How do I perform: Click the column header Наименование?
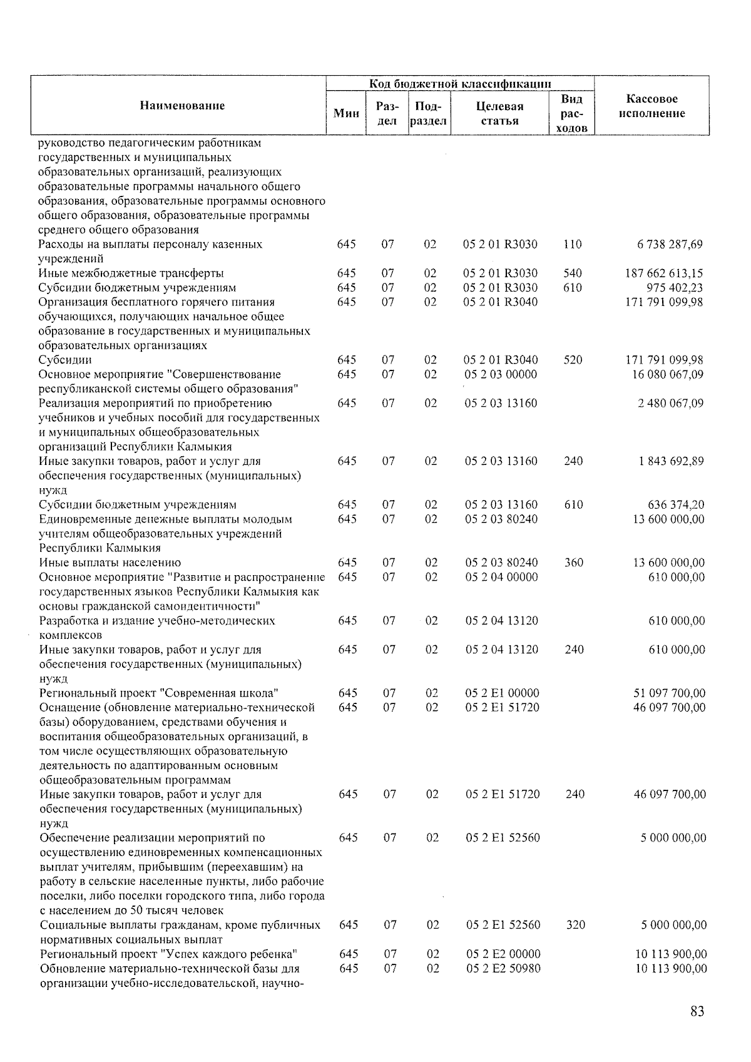pos(182,106)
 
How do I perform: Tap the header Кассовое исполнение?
pos(651,106)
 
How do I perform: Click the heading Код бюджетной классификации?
pos(460,84)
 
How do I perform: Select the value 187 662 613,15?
pos(664,273)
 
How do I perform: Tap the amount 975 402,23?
pos(674,288)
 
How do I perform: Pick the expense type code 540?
pos(572,273)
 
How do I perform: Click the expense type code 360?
pos(573,563)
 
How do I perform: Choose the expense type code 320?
pos(575,925)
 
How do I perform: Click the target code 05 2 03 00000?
pos(501,374)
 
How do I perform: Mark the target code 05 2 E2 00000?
pos(503,954)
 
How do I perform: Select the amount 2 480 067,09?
pos(670,403)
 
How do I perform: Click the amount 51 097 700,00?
pos(670,693)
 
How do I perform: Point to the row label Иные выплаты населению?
pos(110,563)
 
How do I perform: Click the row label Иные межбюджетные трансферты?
pos(131,273)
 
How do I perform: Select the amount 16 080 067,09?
pos(668,374)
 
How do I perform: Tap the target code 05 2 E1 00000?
pos(502,693)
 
